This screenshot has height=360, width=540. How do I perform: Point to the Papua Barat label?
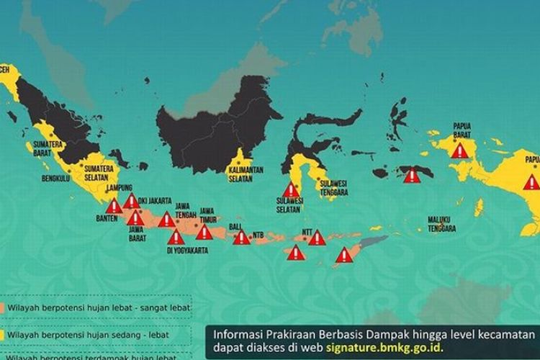coord(462,130)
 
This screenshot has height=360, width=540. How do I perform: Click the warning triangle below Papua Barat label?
coord(459,150)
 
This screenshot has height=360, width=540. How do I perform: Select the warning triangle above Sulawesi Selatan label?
coord(290,189)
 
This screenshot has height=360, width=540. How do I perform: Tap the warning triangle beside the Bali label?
coord(241,237)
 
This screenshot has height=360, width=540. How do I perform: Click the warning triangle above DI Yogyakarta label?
coord(176,237)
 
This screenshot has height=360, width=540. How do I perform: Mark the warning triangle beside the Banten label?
coord(114,207)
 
